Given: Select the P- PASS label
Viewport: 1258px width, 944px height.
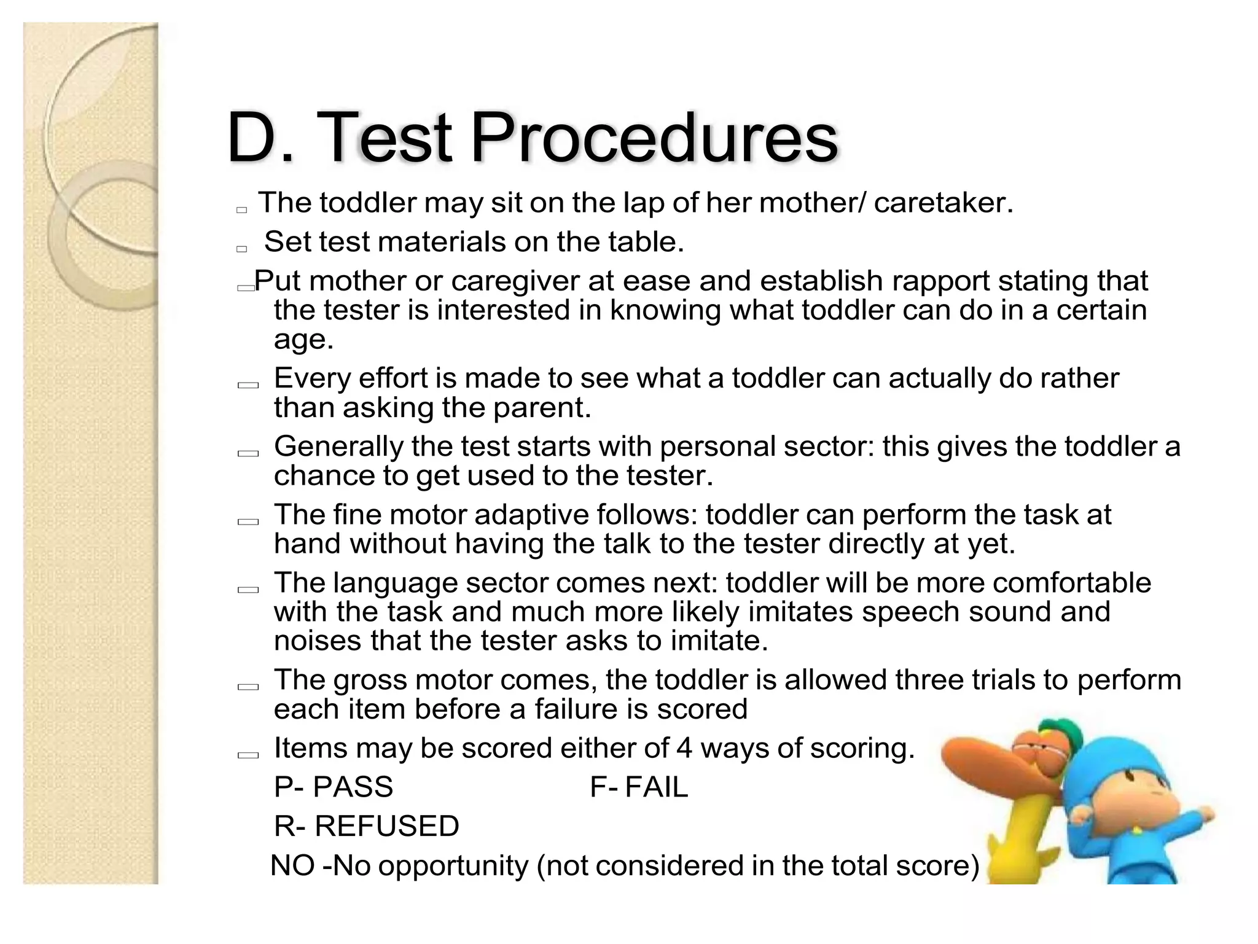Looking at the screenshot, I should (333, 787).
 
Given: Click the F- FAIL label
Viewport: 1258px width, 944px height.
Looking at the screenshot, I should (639, 787).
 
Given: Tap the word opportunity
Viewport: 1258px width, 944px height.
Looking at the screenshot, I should (453, 866).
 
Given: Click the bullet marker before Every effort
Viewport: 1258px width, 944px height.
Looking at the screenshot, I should (248, 386).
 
